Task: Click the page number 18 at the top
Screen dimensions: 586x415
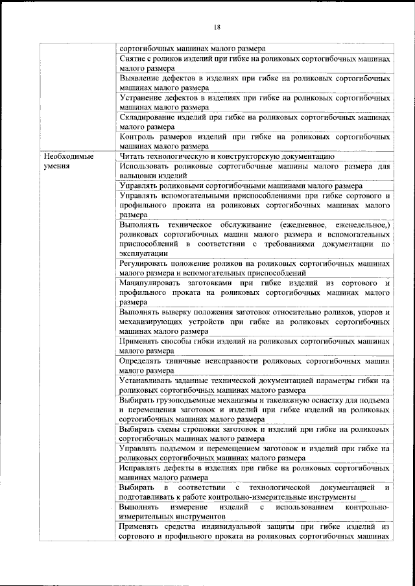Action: [217, 27]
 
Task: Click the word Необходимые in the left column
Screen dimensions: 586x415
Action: [67, 156]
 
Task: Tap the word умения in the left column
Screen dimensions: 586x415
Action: [56, 166]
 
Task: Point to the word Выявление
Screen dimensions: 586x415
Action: [141, 78]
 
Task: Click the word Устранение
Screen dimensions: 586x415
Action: [142, 98]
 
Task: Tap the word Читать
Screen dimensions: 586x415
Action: [134, 156]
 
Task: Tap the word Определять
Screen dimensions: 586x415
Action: [144, 361]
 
